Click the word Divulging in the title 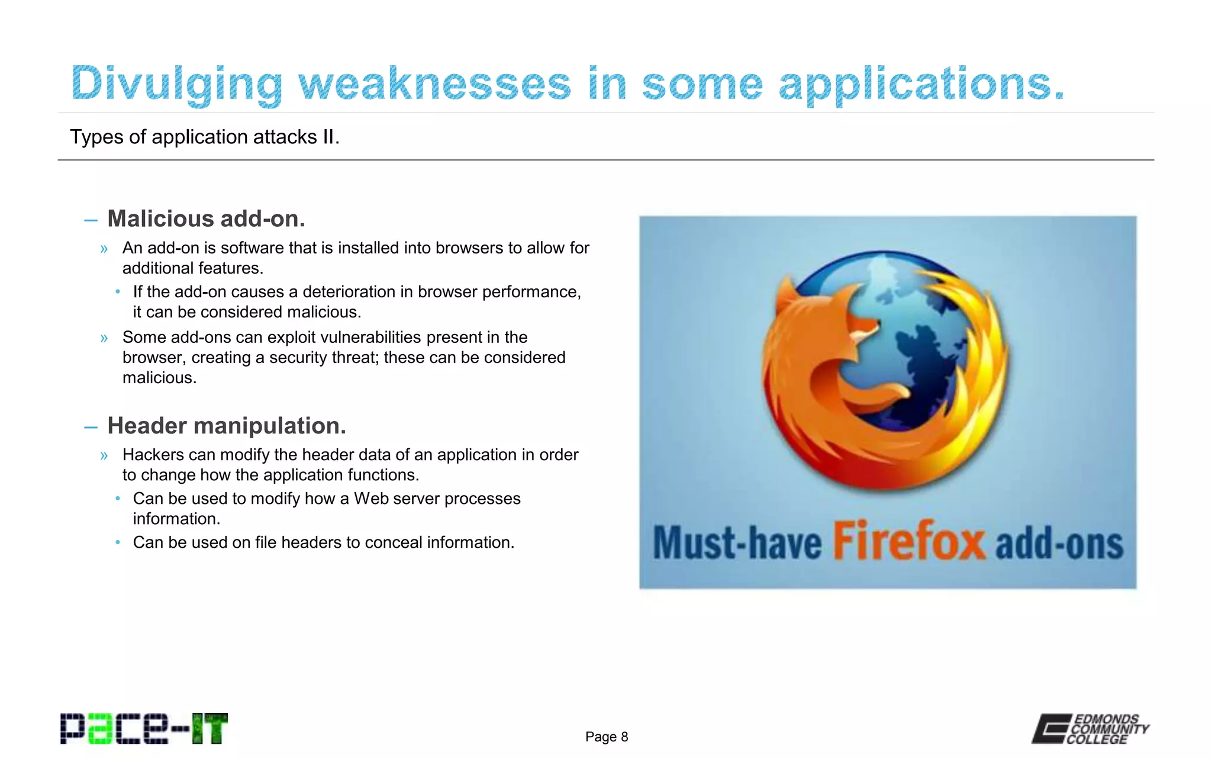176,84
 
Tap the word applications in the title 921,84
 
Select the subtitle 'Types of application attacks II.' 205,137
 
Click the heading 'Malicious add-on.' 206,219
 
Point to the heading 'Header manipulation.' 227,425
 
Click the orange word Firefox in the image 909,541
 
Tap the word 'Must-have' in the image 737,542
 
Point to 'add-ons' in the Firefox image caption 1059,544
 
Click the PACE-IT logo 144,728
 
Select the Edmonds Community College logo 1090,728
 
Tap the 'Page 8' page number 607,737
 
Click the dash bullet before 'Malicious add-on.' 91,220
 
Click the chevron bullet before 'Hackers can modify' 104,455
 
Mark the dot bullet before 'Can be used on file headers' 118,542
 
